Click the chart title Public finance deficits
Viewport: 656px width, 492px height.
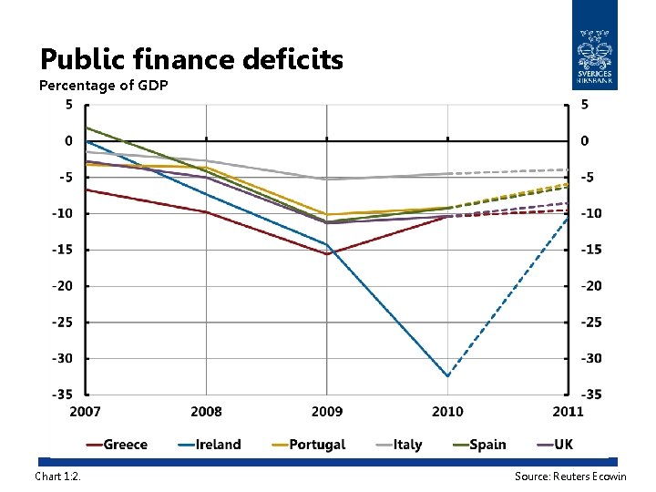click(191, 60)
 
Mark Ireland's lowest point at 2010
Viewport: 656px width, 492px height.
click(447, 375)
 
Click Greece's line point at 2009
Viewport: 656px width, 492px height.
click(327, 254)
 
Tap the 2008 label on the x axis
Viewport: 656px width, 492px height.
click(207, 412)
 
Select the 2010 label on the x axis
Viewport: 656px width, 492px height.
click(447, 412)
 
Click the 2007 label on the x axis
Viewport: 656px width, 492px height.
click(87, 412)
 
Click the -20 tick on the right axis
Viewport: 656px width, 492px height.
click(592, 285)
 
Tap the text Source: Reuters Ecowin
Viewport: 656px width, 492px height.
click(570, 477)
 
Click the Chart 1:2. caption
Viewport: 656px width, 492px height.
click(57, 477)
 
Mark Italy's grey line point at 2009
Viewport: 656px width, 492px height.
click(327, 179)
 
